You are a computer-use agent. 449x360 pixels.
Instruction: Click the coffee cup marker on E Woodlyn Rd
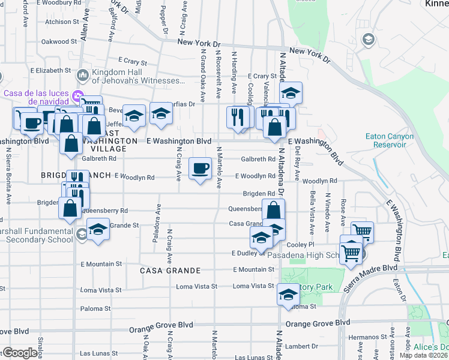click(x=200, y=169)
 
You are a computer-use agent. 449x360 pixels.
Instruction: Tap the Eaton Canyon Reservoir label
click(x=390, y=140)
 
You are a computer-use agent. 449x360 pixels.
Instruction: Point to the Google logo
click(x=20, y=353)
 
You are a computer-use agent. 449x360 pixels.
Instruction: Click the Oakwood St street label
click(x=59, y=42)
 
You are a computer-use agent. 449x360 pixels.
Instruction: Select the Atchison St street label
click(x=62, y=22)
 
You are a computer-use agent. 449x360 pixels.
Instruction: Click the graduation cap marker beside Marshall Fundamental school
click(x=97, y=230)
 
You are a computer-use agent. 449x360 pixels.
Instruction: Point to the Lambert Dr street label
click(x=302, y=346)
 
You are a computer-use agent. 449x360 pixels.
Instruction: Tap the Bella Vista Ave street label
click(x=312, y=213)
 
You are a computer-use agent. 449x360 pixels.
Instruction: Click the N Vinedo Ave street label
click(x=328, y=213)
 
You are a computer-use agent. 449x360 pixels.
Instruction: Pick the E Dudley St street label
click(x=248, y=254)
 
